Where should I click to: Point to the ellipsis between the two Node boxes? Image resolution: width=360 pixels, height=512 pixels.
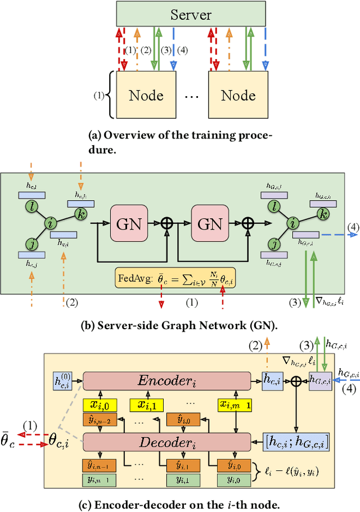click(x=192, y=96)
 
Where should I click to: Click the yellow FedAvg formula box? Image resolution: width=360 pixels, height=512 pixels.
click(x=175, y=277)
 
